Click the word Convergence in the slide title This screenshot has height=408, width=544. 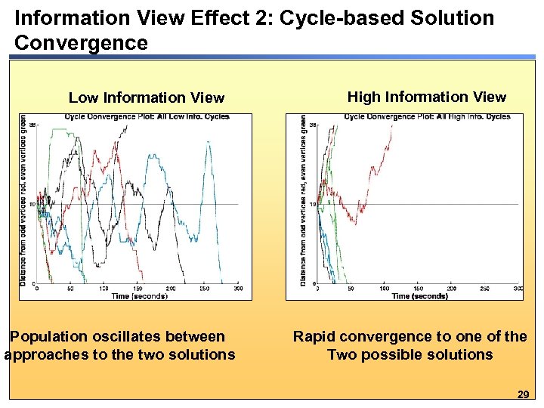(81, 43)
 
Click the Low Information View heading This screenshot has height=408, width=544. (147, 97)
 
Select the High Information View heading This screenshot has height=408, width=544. (426, 97)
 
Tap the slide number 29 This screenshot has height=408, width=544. (522, 394)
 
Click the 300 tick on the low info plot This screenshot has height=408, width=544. (237, 289)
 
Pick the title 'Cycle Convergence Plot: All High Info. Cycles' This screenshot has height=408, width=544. (427, 116)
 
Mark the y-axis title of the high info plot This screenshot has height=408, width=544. (304, 204)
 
